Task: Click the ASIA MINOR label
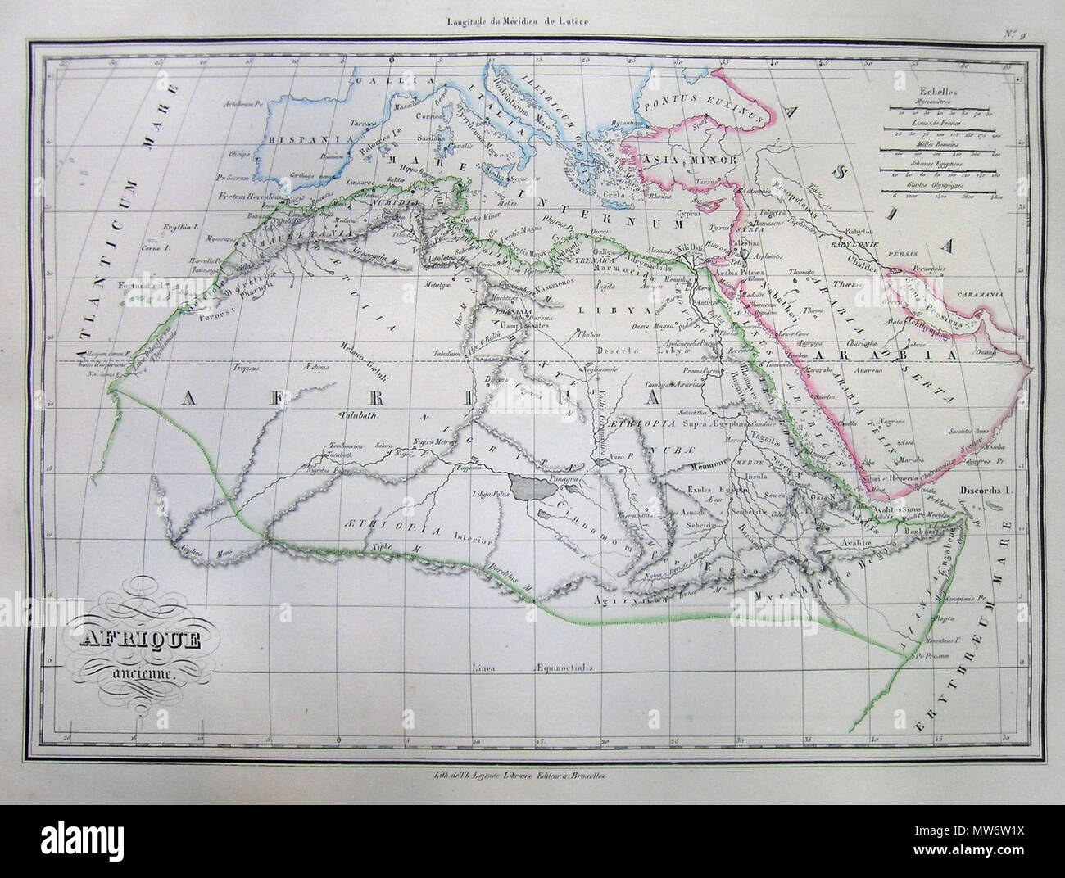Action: pyautogui.click(x=681, y=160)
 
